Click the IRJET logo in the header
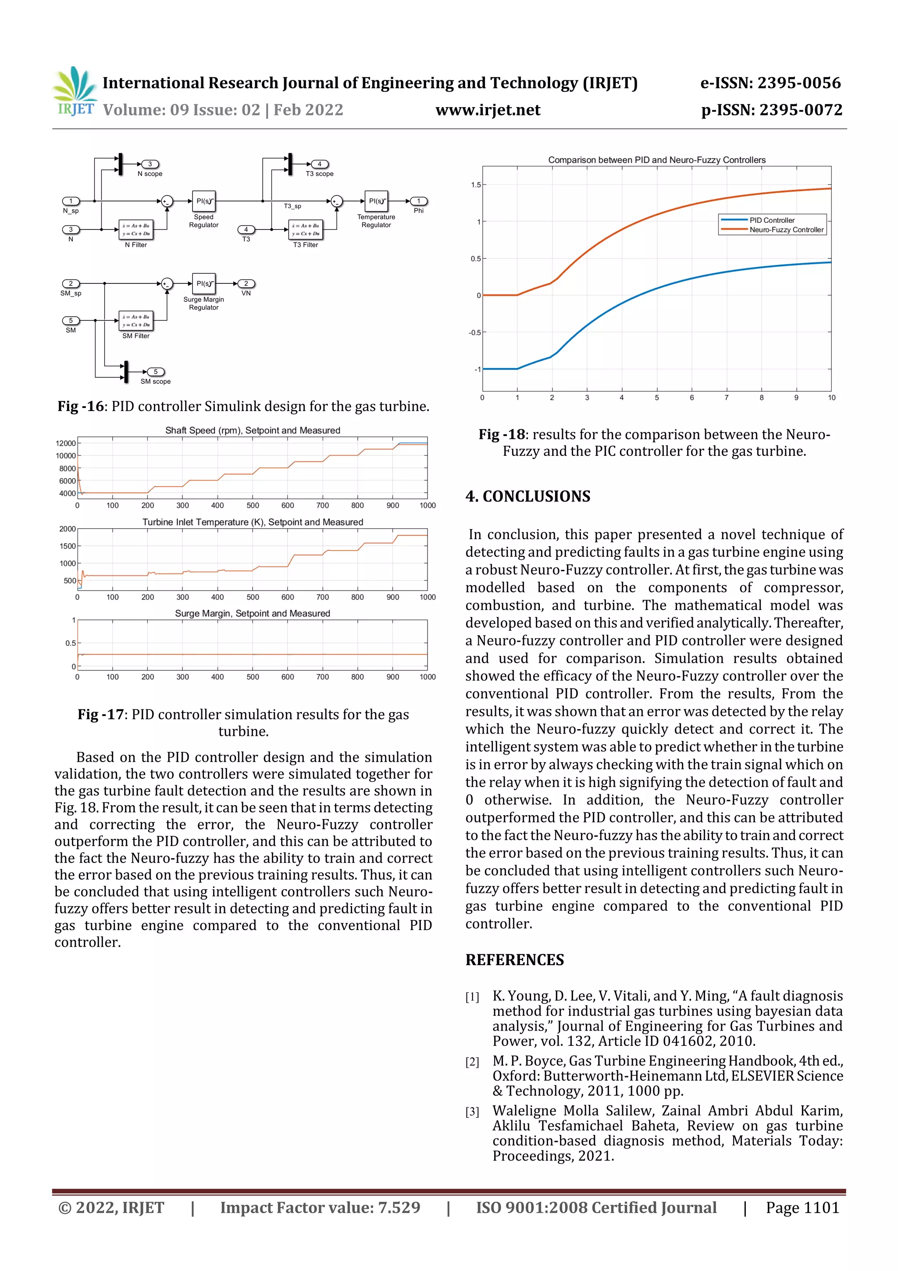(75, 91)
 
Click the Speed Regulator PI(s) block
(203, 201)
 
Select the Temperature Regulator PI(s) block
(376, 201)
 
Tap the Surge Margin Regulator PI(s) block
(203, 283)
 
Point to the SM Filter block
(136, 321)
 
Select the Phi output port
(419, 201)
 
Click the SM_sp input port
(71, 283)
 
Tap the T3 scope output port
(320, 165)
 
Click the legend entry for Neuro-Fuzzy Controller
(786, 230)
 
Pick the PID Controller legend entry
(771, 220)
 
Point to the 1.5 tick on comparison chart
(476, 185)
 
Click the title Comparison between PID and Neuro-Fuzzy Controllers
(656, 160)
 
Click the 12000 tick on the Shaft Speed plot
(65, 444)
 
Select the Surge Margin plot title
(252, 613)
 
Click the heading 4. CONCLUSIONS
(528, 496)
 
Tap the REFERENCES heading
(515, 960)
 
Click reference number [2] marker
(472, 1062)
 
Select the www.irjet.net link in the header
(488, 110)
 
